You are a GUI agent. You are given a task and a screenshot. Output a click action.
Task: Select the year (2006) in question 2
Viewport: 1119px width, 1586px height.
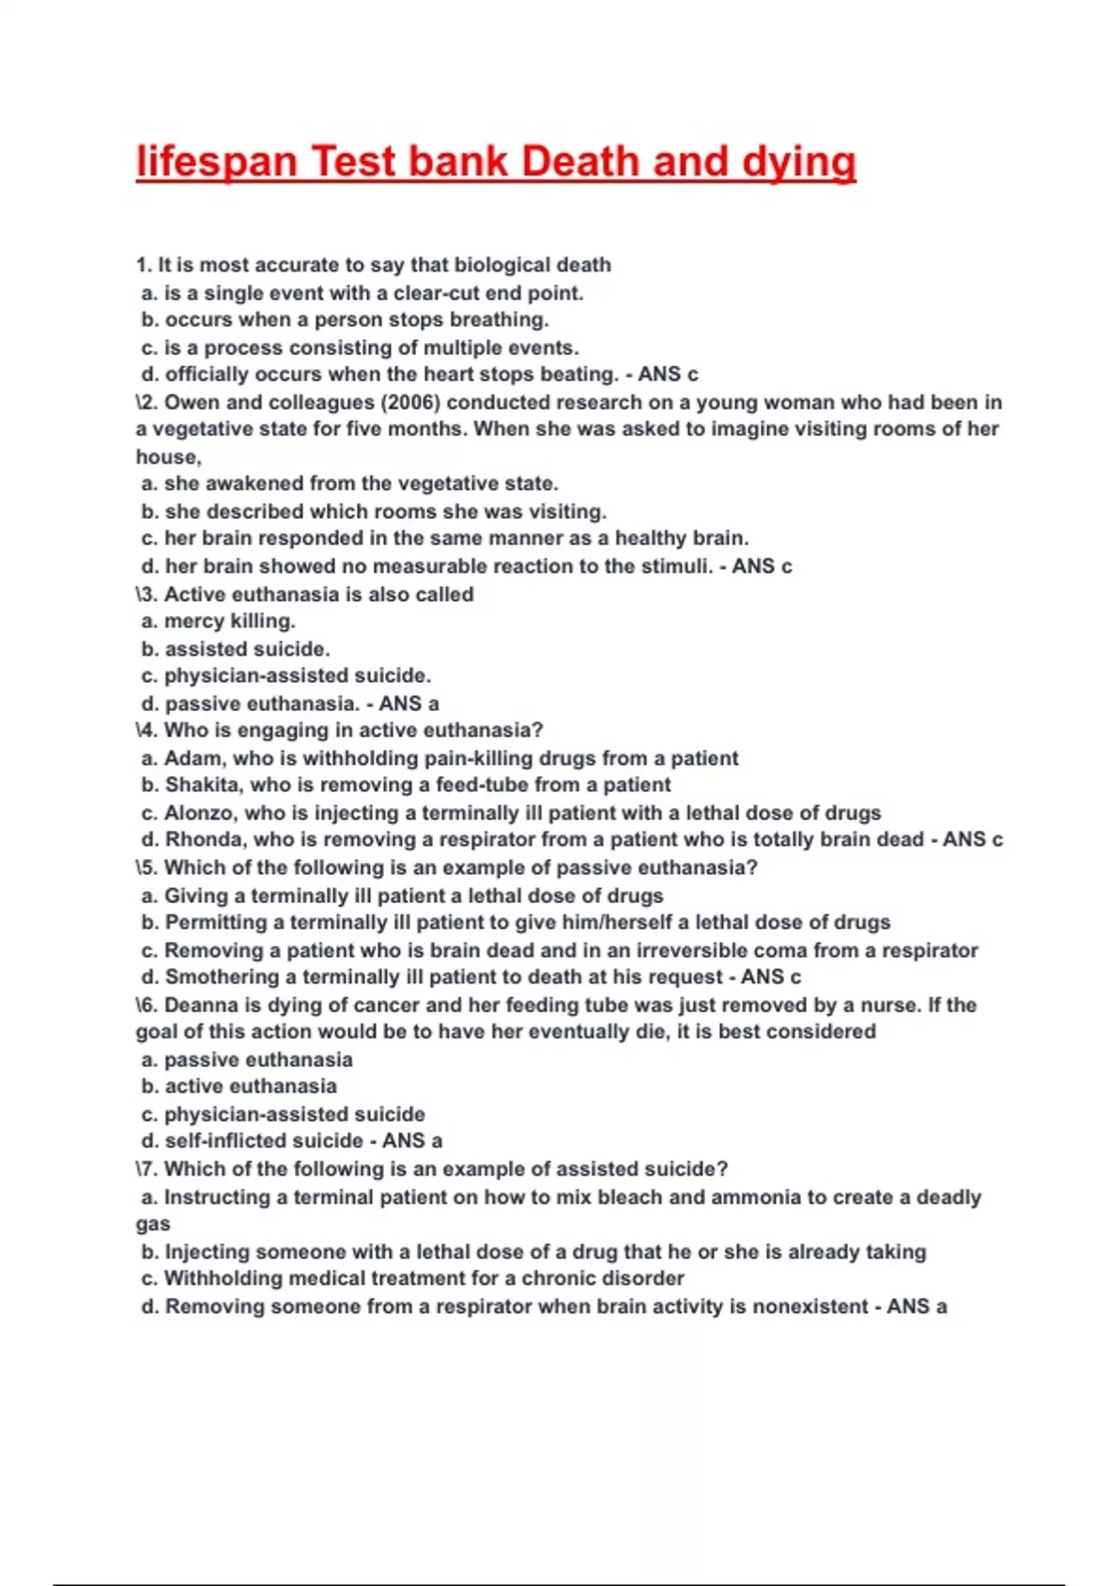point(410,402)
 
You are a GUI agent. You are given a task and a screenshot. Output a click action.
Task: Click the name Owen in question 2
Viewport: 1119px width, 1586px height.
point(192,402)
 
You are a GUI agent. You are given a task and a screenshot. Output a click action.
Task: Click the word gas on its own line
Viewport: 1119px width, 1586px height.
point(153,1224)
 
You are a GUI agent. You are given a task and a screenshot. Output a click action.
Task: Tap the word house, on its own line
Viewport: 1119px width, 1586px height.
point(168,457)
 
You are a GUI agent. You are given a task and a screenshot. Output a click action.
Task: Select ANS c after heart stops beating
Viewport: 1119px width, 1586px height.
point(668,374)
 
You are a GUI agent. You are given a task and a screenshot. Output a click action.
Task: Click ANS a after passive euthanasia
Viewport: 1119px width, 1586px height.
point(408,703)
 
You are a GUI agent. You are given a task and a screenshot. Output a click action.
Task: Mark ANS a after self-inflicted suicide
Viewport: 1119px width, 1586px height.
point(412,1141)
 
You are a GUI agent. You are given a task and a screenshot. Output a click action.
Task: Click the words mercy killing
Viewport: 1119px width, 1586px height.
point(229,621)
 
